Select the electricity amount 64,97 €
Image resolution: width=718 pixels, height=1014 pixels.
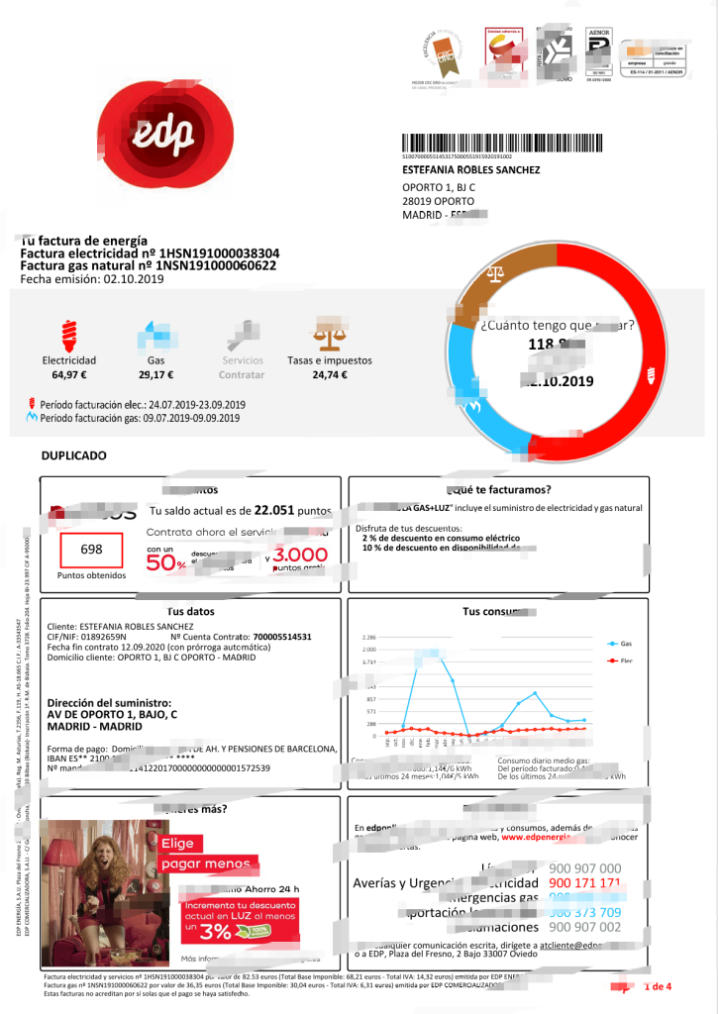pyautogui.click(x=70, y=375)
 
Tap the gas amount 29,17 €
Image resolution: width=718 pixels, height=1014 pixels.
pyautogui.click(x=155, y=375)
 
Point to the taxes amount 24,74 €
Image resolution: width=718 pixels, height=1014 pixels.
pyautogui.click(x=324, y=375)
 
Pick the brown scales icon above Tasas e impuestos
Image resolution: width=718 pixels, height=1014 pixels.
pyautogui.click(x=324, y=332)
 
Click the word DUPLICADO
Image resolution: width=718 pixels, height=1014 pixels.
pyautogui.click(x=73, y=456)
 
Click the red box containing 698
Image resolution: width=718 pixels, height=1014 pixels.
pyautogui.click(x=91, y=550)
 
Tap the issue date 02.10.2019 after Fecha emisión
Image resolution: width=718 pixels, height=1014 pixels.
pyautogui.click(x=136, y=279)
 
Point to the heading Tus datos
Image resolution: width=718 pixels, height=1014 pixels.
pyautogui.click(x=190, y=611)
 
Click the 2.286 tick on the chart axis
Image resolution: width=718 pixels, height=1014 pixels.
pyautogui.click(x=369, y=637)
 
